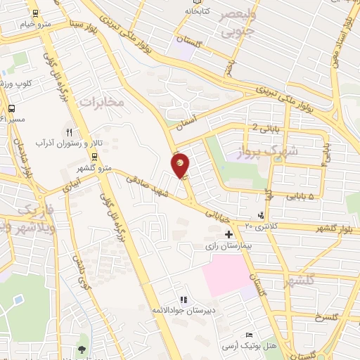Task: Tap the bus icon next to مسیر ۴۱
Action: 11,108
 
